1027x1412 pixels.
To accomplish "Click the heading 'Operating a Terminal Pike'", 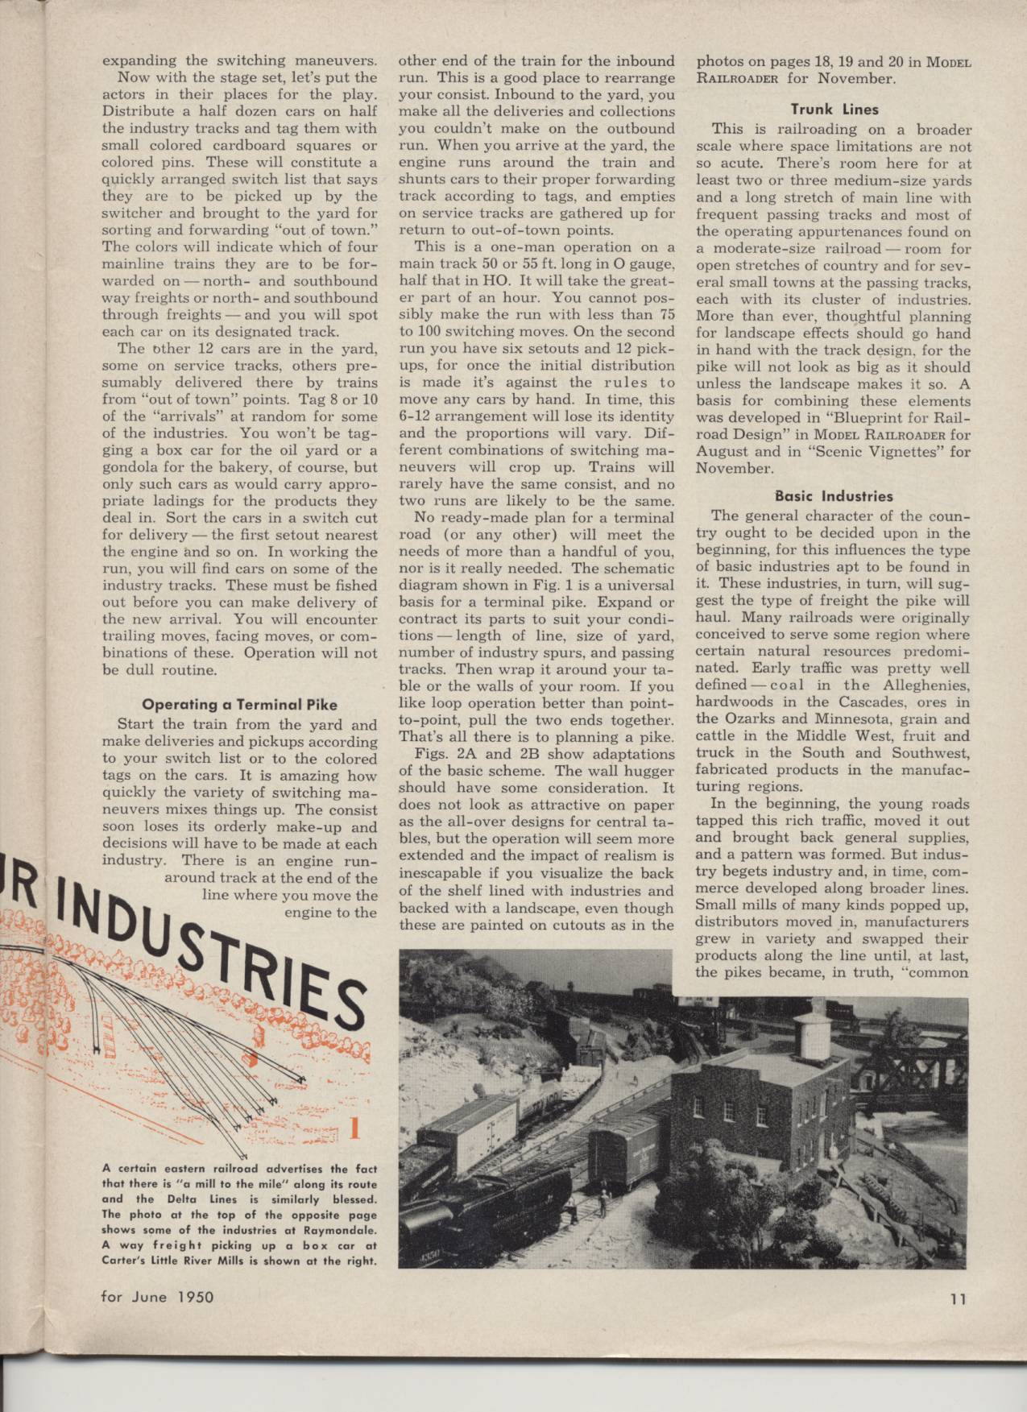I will (x=239, y=705).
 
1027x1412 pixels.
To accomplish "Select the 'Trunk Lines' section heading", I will (x=834, y=110).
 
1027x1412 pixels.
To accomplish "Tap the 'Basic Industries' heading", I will (x=834, y=496).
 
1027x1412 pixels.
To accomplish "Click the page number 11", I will (x=957, y=1298).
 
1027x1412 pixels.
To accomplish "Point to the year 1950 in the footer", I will (x=194, y=1297).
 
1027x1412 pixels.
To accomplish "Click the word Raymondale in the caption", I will (x=341, y=1229).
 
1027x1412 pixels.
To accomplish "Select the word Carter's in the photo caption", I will (x=124, y=1261).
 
